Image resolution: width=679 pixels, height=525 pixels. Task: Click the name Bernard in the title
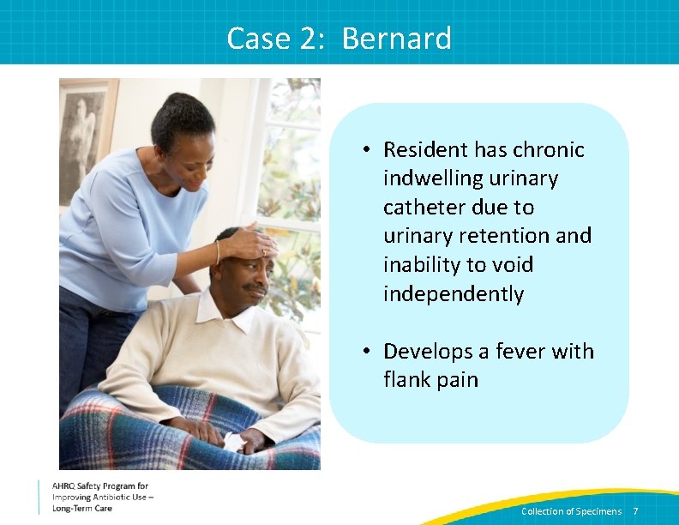pyautogui.click(x=396, y=39)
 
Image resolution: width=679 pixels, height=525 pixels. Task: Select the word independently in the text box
pyautogui.click(x=454, y=293)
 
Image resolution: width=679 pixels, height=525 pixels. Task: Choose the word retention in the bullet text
pyautogui.click(x=490, y=235)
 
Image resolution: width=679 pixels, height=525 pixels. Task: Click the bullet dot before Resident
pyautogui.click(x=365, y=150)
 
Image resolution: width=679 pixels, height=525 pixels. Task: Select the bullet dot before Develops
pyautogui.click(x=365, y=352)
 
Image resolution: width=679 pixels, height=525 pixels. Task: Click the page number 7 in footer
pyautogui.click(x=635, y=511)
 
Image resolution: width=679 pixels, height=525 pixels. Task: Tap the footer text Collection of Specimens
pyautogui.click(x=571, y=511)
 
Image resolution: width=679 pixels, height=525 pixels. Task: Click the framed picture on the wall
pyautogui.click(x=87, y=142)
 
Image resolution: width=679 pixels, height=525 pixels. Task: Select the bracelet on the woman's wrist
pyautogui.click(x=218, y=250)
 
